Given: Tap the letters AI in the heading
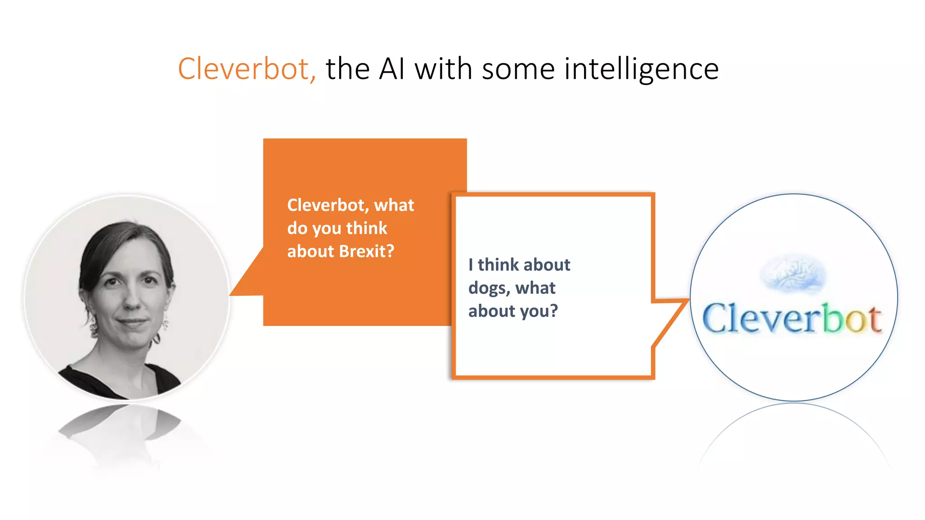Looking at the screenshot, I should click(392, 69).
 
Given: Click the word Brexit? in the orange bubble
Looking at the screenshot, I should click(366, 251).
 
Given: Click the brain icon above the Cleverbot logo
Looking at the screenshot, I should click(793, 274).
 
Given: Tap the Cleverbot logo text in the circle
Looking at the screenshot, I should click(792, 319).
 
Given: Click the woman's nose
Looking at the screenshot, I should click(132, 300).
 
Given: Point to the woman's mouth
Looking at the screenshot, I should click(132, 322).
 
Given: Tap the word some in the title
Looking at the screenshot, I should click(518, 69).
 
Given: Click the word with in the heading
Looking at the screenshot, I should click(444, 69).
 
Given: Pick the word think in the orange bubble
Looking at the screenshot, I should click(367, 228).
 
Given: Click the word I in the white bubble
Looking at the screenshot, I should click(471, 265).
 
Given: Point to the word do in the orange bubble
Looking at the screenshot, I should click(297, 228).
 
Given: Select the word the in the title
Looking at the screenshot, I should click(348, 69).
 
